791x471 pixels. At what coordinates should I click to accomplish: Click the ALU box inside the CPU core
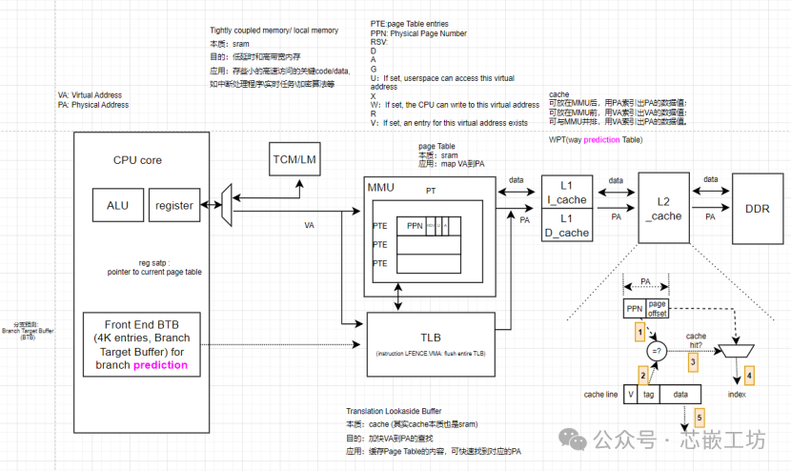click(117, 205)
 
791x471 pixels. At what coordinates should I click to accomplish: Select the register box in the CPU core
click(174, 205)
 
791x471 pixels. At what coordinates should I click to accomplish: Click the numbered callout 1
click(640, 333)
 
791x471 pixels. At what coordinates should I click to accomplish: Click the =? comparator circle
click(656, 351)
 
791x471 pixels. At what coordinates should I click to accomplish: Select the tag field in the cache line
click(648, 393)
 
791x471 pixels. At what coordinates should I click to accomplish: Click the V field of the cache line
click(631, 393)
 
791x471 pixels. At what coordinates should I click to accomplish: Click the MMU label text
click(381, 187)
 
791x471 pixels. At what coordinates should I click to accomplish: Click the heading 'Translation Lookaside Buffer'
click(395, 407)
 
